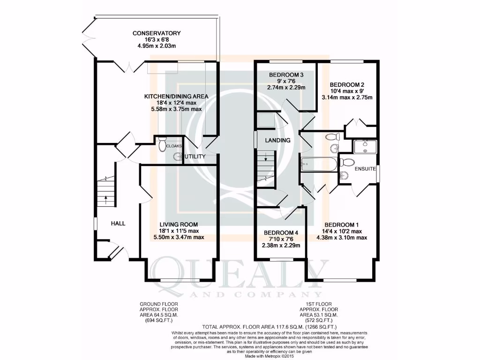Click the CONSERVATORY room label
coord(156,33)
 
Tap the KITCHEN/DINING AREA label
coord(176,97)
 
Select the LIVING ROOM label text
coord(178,225)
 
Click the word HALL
coord(118,224)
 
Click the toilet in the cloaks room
coord(163,145)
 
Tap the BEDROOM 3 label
coord(286,75)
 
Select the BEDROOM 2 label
coord(347,85)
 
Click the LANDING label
coord(277,140)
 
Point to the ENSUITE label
coord(366,169)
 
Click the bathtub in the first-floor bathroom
coord(319,165)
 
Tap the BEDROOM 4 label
coord(281,233)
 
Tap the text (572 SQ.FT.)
coord(319,320)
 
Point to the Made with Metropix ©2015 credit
coord(268,356)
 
